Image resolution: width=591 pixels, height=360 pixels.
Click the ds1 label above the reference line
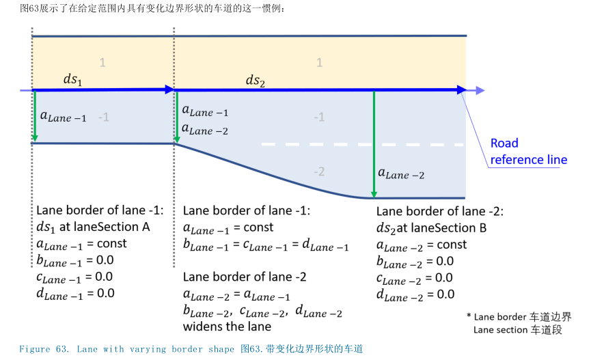[x=72, y=80]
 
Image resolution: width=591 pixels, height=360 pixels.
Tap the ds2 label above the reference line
[x=255, y=81]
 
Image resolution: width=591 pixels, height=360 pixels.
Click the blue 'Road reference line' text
[x=528, y=152]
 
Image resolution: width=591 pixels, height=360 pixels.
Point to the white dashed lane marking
[x=363, y=145]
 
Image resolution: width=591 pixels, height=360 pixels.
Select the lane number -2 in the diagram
[x=318, y=171]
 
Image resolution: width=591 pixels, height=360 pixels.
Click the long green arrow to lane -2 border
[x=374, y=143]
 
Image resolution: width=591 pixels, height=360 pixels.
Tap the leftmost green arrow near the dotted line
[x=34, y=117]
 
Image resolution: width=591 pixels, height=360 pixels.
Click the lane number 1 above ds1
[x=102, y=63]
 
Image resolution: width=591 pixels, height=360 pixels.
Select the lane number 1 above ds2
[x=319, y=63]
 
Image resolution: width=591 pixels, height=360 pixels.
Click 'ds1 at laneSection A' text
[x=93, y=227]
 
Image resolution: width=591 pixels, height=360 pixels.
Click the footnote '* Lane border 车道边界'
[x=519, y=317]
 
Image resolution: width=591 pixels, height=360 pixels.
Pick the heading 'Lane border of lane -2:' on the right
[x=440, y=212]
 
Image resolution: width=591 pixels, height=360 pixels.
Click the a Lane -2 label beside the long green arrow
[x=402, y=176]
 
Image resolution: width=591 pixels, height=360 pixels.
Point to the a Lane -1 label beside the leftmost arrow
[x=64, y=117]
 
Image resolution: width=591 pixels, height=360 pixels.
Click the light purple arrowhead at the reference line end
[x=480, y=90]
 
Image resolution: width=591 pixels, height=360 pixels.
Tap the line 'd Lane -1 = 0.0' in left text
[x=75, y=294]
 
